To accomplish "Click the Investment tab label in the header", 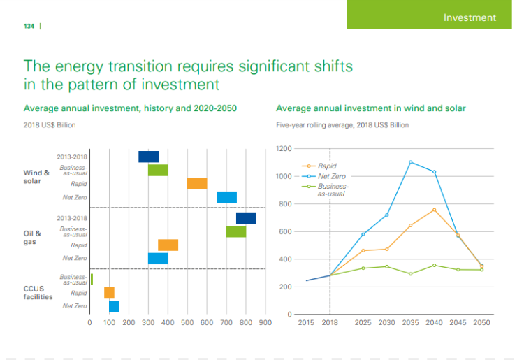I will coord(470,17).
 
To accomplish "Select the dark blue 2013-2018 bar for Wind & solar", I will coord(148,157).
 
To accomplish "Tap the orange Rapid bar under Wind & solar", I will coord(197,184).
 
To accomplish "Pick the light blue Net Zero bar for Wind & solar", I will coord(226,197).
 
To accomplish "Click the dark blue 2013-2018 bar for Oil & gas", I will coord(246,218).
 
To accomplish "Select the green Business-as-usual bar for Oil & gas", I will coord(236,231).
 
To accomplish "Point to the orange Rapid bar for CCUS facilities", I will coord(109,293).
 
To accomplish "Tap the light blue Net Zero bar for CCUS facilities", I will coord(114,306).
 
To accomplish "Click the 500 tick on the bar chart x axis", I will coord(187,322).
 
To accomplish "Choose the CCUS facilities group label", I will coord(38,292).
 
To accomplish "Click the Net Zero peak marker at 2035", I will coord(411,162).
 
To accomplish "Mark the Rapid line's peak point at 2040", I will coord(434,210).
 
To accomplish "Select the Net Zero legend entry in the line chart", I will coord(331,176).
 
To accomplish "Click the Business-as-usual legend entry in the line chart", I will coord(333,189).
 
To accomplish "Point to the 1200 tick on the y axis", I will coord(282,149).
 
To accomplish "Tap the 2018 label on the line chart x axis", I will coord(330,322).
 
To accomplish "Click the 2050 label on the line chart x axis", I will coord(481,322).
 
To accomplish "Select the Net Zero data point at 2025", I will coord(363,234).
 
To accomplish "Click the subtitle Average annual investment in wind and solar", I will coord(371,108).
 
